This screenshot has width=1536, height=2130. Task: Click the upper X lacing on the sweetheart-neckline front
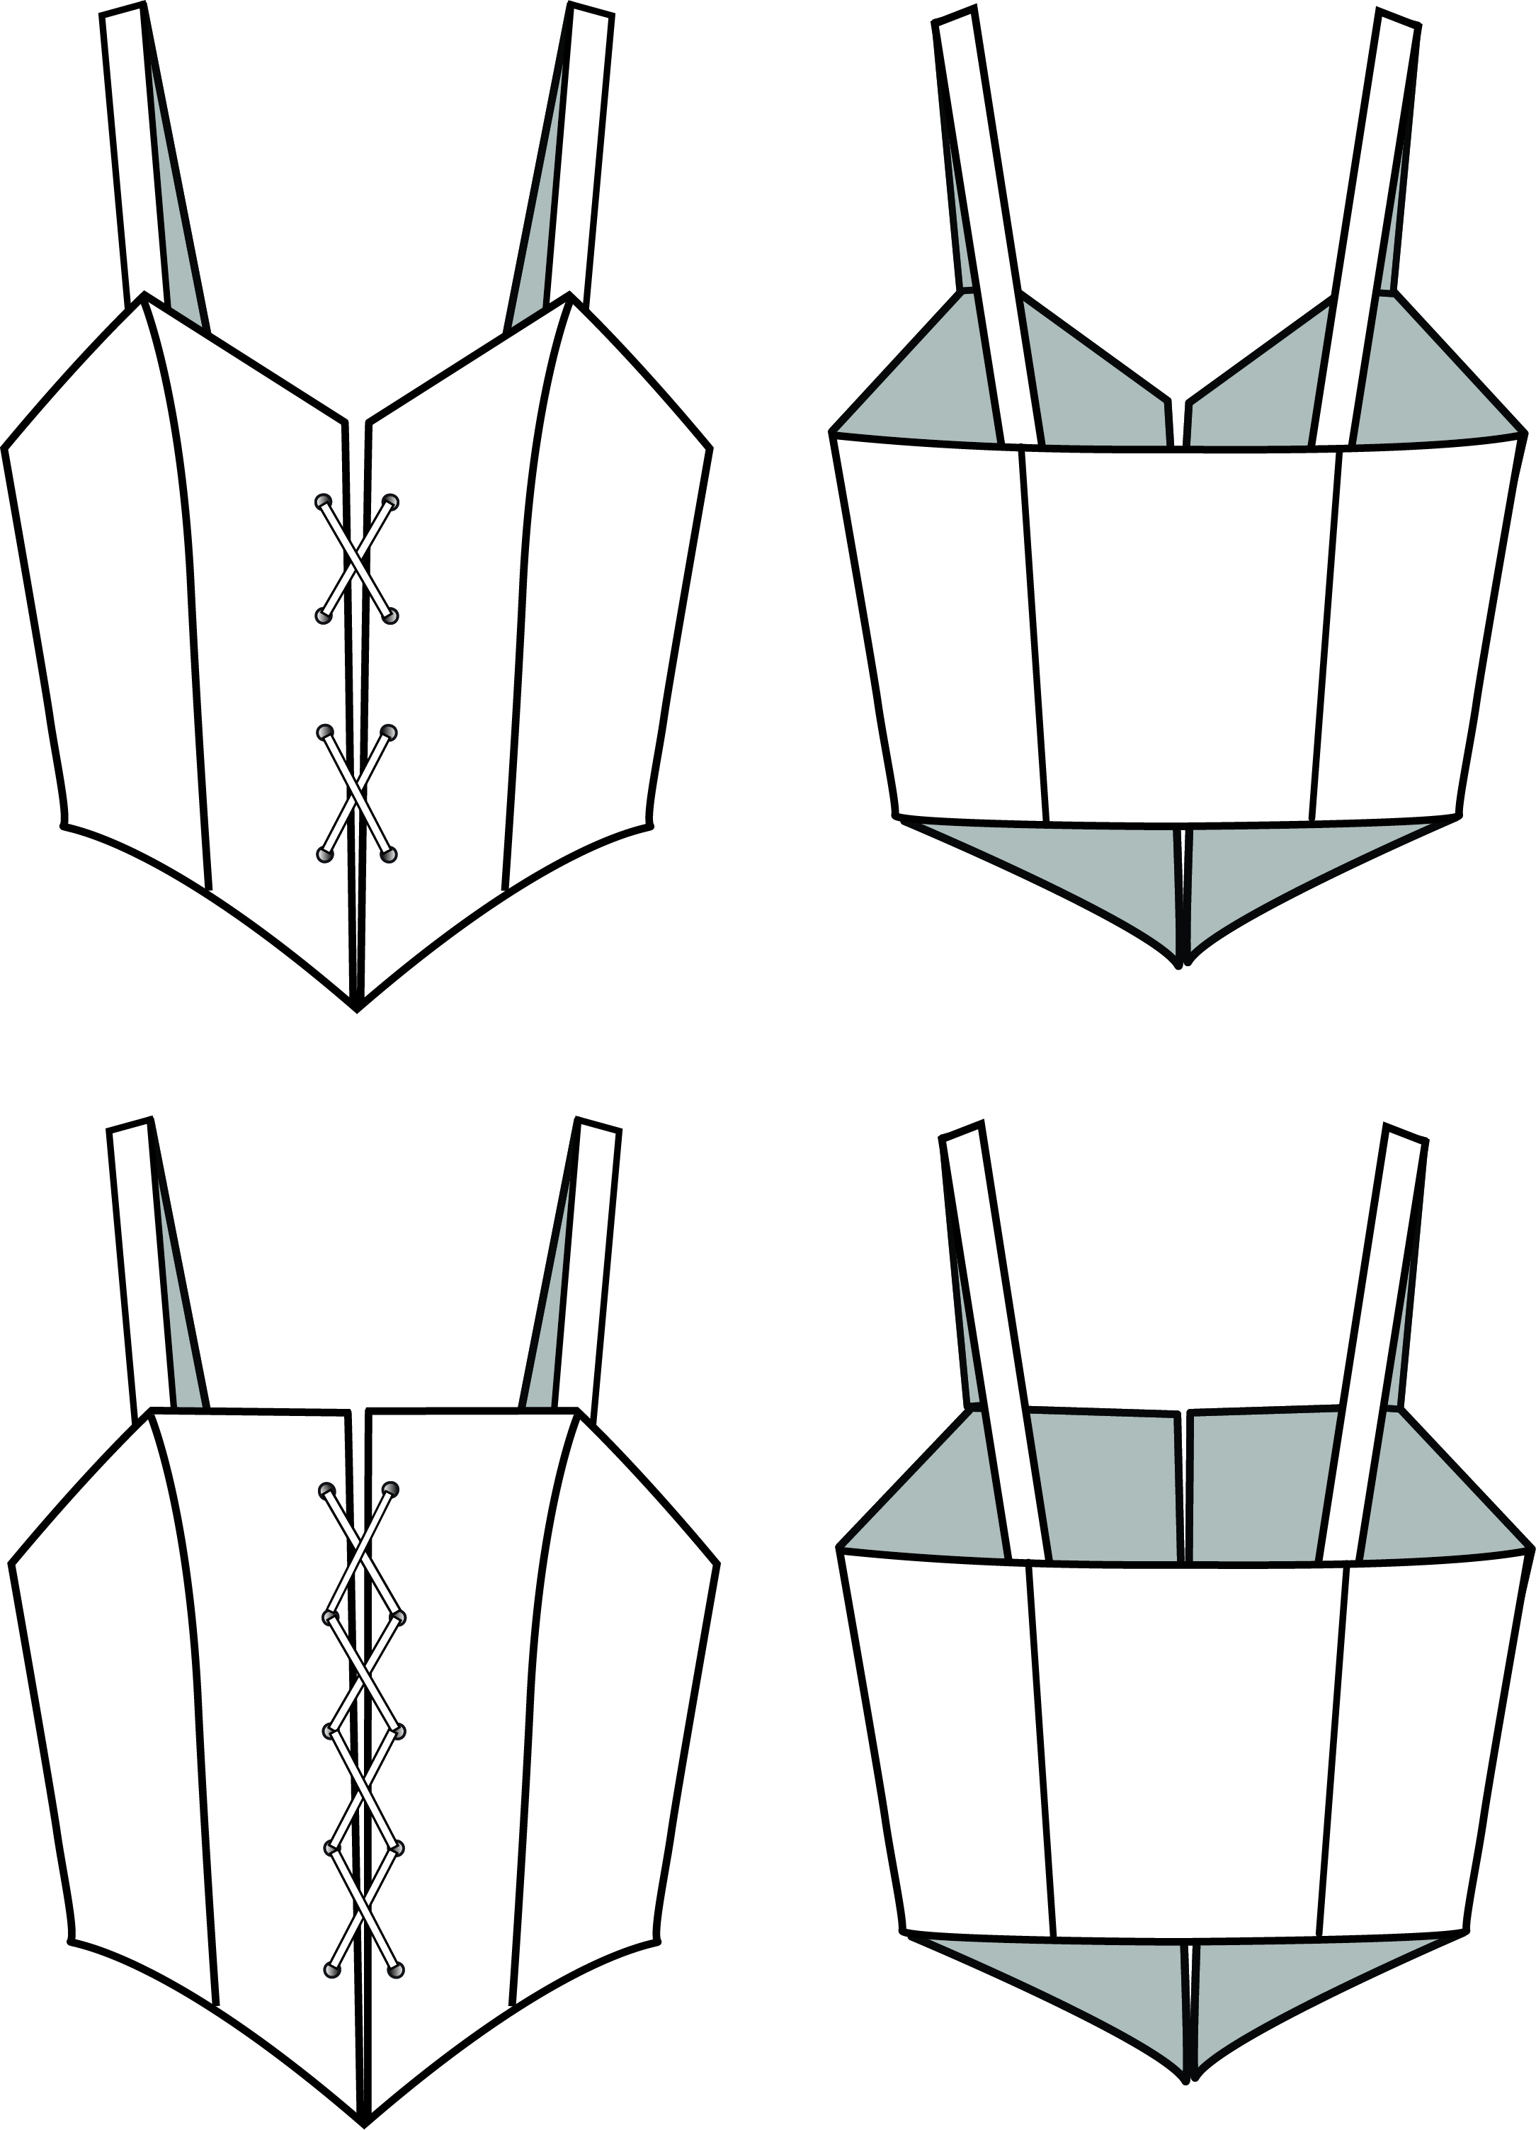357,558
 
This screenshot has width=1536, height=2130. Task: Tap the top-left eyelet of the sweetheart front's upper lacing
324,501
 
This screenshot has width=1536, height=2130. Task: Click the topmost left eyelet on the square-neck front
326,1490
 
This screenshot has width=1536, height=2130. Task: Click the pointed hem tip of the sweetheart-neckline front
358,1009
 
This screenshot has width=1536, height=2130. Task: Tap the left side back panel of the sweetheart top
948,629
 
